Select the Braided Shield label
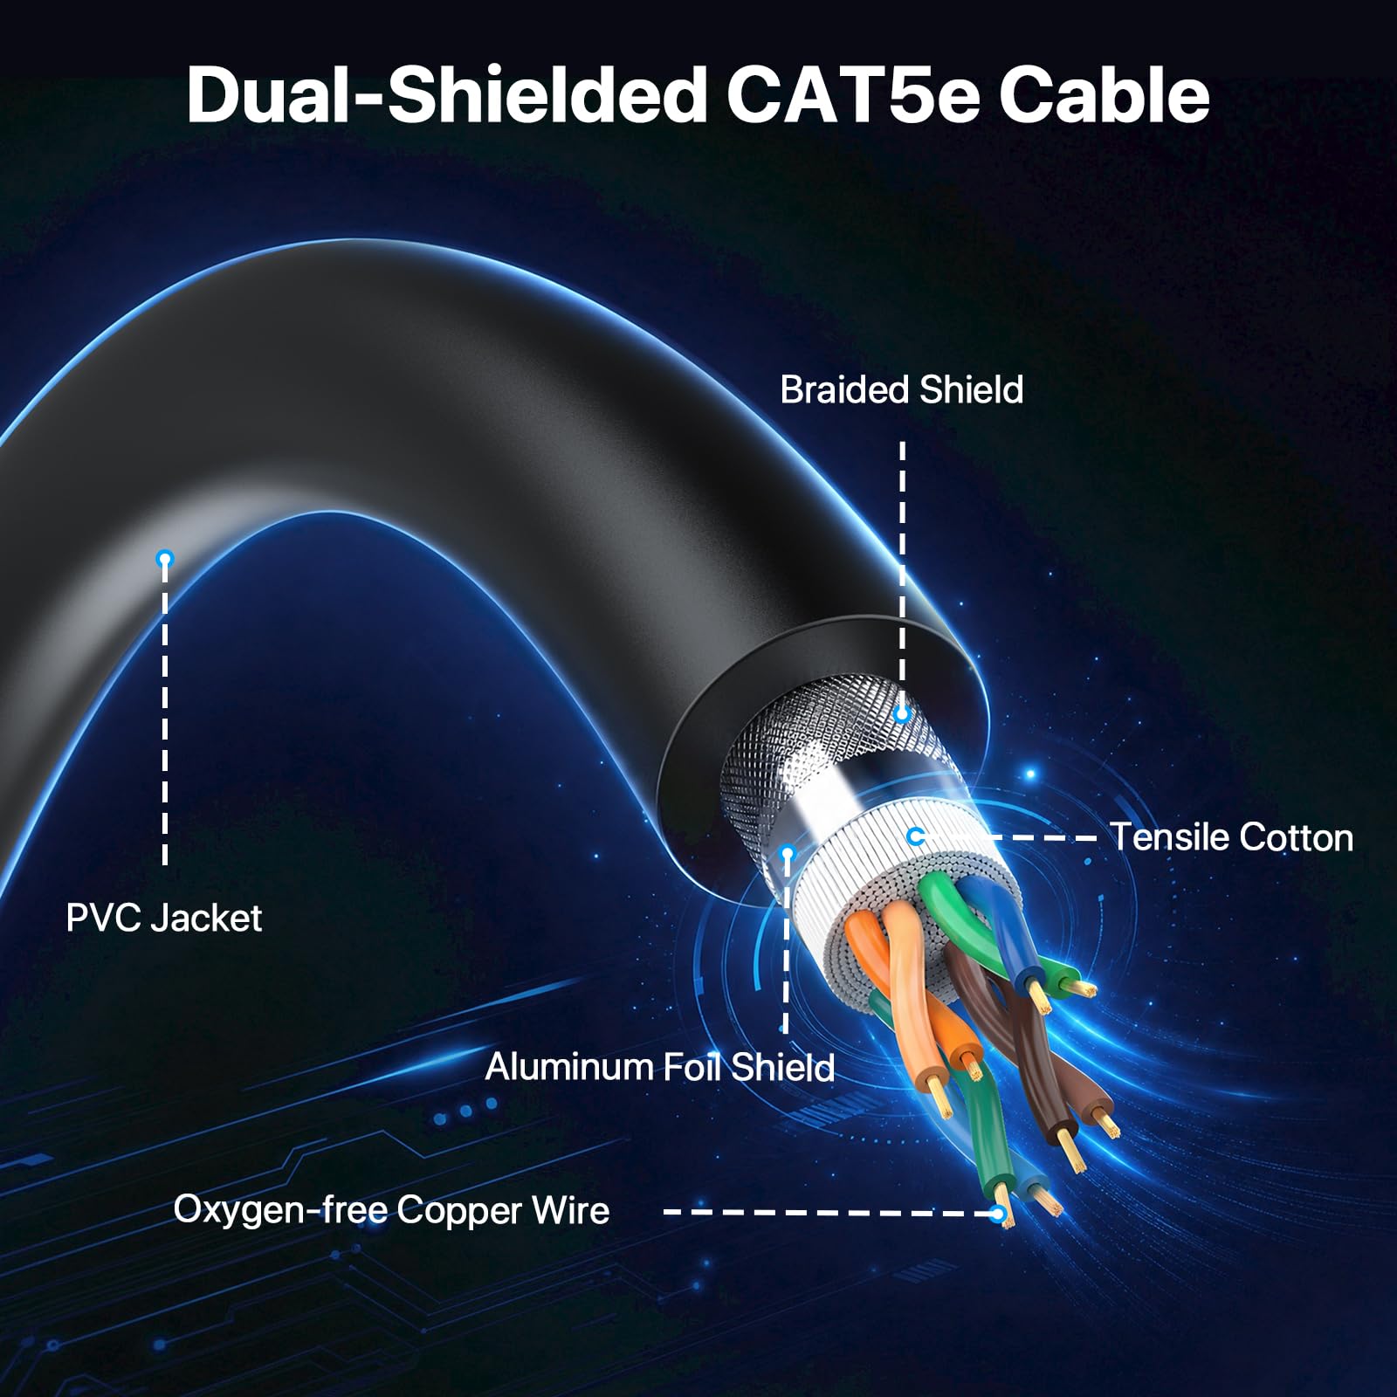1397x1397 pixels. [901, 389]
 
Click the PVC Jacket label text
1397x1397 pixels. [164, 918]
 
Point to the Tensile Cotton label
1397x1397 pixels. [1231, 836]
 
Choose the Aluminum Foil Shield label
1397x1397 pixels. [660, 1067]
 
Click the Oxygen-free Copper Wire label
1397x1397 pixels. [391, 1210]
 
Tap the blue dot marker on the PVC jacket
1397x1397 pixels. [165, 559]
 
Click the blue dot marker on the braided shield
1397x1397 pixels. [903, 714]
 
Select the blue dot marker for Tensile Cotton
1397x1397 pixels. [915, 836]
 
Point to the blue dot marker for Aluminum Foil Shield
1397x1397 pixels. [787, 853]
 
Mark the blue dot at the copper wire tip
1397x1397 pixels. [999, 1213]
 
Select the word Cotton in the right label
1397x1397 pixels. [1296, 836]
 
